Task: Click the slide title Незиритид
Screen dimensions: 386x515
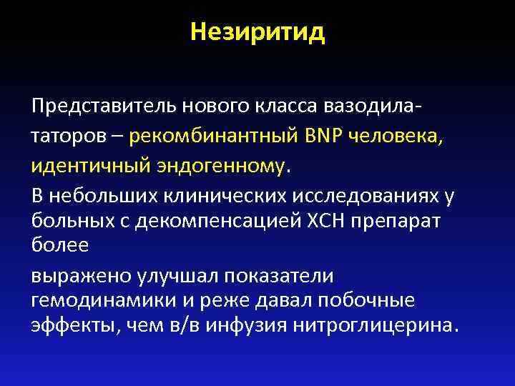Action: pyautogui.click(x=257, y=33)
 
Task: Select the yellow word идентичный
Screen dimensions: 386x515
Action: pyautogui.click(x=89, y=166)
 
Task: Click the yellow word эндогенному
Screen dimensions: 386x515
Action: pyautogui.click(x=220, y=166)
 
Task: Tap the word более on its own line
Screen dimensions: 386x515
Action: pyautogui.click(x=60, y=246)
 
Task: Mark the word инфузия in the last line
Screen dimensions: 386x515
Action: pyautogui.click(x=245, y=325)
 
